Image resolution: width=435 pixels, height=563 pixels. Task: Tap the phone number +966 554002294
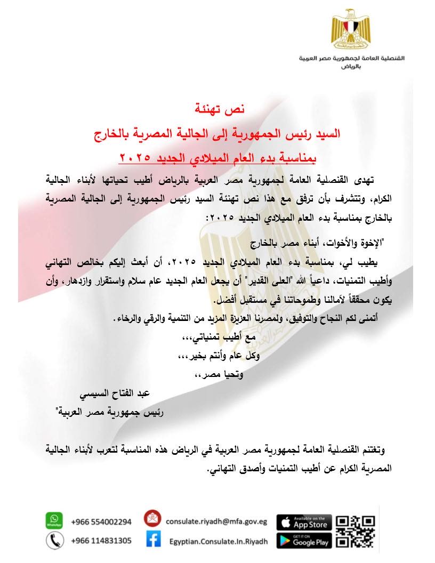[101, 521]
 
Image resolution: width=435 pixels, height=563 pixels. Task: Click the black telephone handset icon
[54, 541]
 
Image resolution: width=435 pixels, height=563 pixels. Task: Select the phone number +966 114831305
[101, 541]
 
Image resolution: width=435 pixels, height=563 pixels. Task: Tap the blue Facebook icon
[153, 540]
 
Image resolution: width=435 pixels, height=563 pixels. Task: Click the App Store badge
[304, 521]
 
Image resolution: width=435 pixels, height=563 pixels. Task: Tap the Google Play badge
[304, 541]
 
